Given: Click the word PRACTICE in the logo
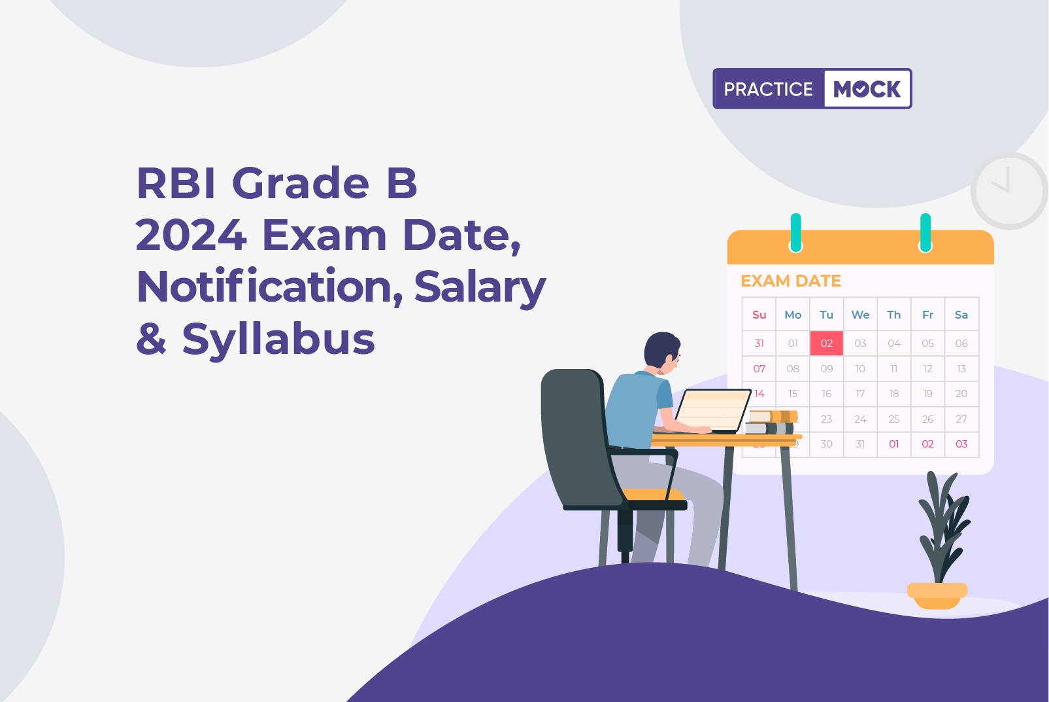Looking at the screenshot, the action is pos(768,89).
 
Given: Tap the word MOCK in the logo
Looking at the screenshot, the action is pos(867,89).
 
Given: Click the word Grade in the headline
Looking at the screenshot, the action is pos(301,183).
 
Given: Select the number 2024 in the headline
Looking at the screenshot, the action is pos(191,235).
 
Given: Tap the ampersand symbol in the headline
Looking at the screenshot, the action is pos(151,338).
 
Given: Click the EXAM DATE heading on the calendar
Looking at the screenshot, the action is pos(791,281).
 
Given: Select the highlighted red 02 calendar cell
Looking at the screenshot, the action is pos(827,343).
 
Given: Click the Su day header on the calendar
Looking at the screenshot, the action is pos(759,315).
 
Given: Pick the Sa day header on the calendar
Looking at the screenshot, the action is pos(961,315).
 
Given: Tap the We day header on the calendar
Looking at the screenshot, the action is pos(860,315).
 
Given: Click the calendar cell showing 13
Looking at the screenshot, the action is pos(961,369).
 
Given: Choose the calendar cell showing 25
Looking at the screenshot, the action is pos(894,419).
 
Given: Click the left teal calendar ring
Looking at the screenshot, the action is pos(795,232).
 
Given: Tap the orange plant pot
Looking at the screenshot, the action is pos(937,595).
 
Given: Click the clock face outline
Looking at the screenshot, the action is pos(1008,154).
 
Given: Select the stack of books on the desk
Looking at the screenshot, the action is pos(771,422).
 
